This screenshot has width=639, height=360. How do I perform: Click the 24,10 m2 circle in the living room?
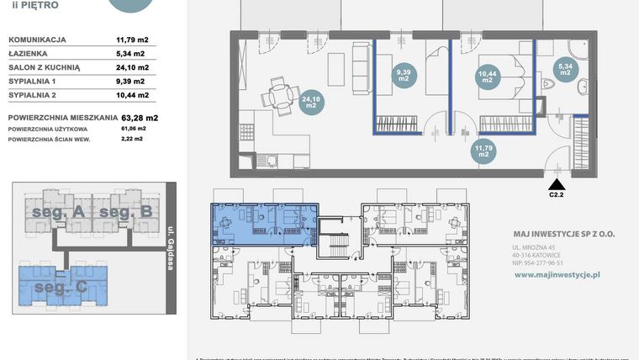pyautogui.click(x=310, y=102)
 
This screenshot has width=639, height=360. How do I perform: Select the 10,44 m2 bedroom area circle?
pyautogui.click(x=488, y=77)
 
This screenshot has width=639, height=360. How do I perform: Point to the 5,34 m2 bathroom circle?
pyautogui.click(x=565, y=69)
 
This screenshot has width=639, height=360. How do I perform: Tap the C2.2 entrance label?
pyautogui.click(x=556, y=193)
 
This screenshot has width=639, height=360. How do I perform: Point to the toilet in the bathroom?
pyautogui.click(x=549, y=84)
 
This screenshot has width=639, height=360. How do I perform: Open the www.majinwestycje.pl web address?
pyautogui.click(x=556, y=274)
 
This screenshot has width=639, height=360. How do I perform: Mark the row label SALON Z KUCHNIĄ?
pyautogui.click(x=44, y=67)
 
